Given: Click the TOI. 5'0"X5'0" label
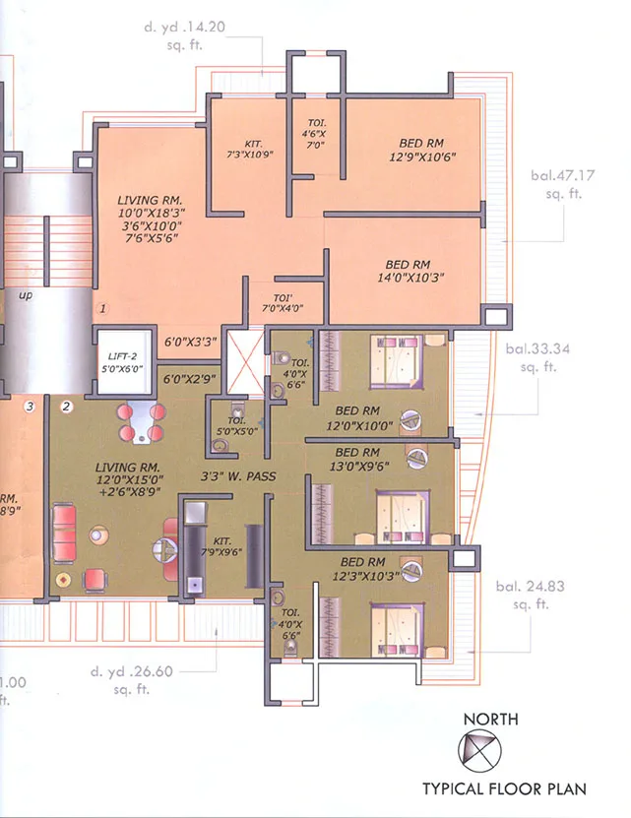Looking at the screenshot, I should point(235,425).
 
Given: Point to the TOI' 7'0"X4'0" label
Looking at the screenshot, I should point(283,302).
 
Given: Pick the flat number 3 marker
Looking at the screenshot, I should point(31,406).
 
